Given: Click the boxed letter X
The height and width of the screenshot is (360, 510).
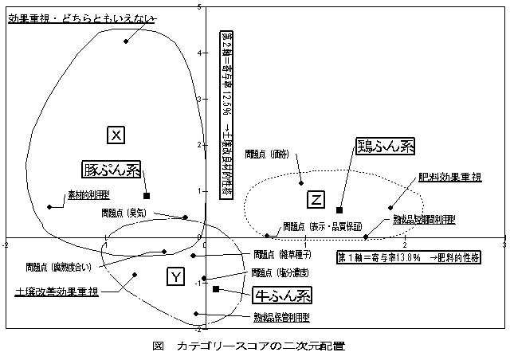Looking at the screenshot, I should tap(116, 135).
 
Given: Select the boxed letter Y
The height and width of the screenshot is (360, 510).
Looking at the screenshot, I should tap(177, 276).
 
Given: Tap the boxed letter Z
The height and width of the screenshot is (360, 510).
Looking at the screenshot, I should tap(316, 198).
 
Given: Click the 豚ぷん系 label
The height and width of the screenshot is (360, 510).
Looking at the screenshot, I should tap(112, 170).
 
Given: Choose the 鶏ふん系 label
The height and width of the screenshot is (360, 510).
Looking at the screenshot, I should tap(386, 147).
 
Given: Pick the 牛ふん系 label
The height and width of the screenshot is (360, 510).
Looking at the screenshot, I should tap(281, 295).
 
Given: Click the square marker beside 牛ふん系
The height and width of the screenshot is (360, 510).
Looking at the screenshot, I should tap(216, 289).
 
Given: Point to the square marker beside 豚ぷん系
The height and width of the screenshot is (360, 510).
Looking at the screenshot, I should tap(147, 195).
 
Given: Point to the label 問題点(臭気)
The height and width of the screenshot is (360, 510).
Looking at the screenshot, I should tap(123, 213).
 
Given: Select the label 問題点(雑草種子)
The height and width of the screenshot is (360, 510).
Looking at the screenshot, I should tap(276, 255).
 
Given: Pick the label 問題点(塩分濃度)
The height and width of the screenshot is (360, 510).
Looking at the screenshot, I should tap(275, 272).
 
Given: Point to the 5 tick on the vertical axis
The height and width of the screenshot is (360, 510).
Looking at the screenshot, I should tap(198, 6).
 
